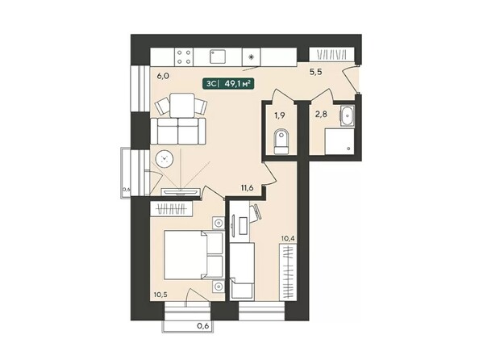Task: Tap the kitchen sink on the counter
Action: [217, 57]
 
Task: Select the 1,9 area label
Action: [280, 115]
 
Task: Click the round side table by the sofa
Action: [167, 158]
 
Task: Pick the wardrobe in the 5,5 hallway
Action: [332, 55]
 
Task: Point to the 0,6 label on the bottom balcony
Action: [202, 327]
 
